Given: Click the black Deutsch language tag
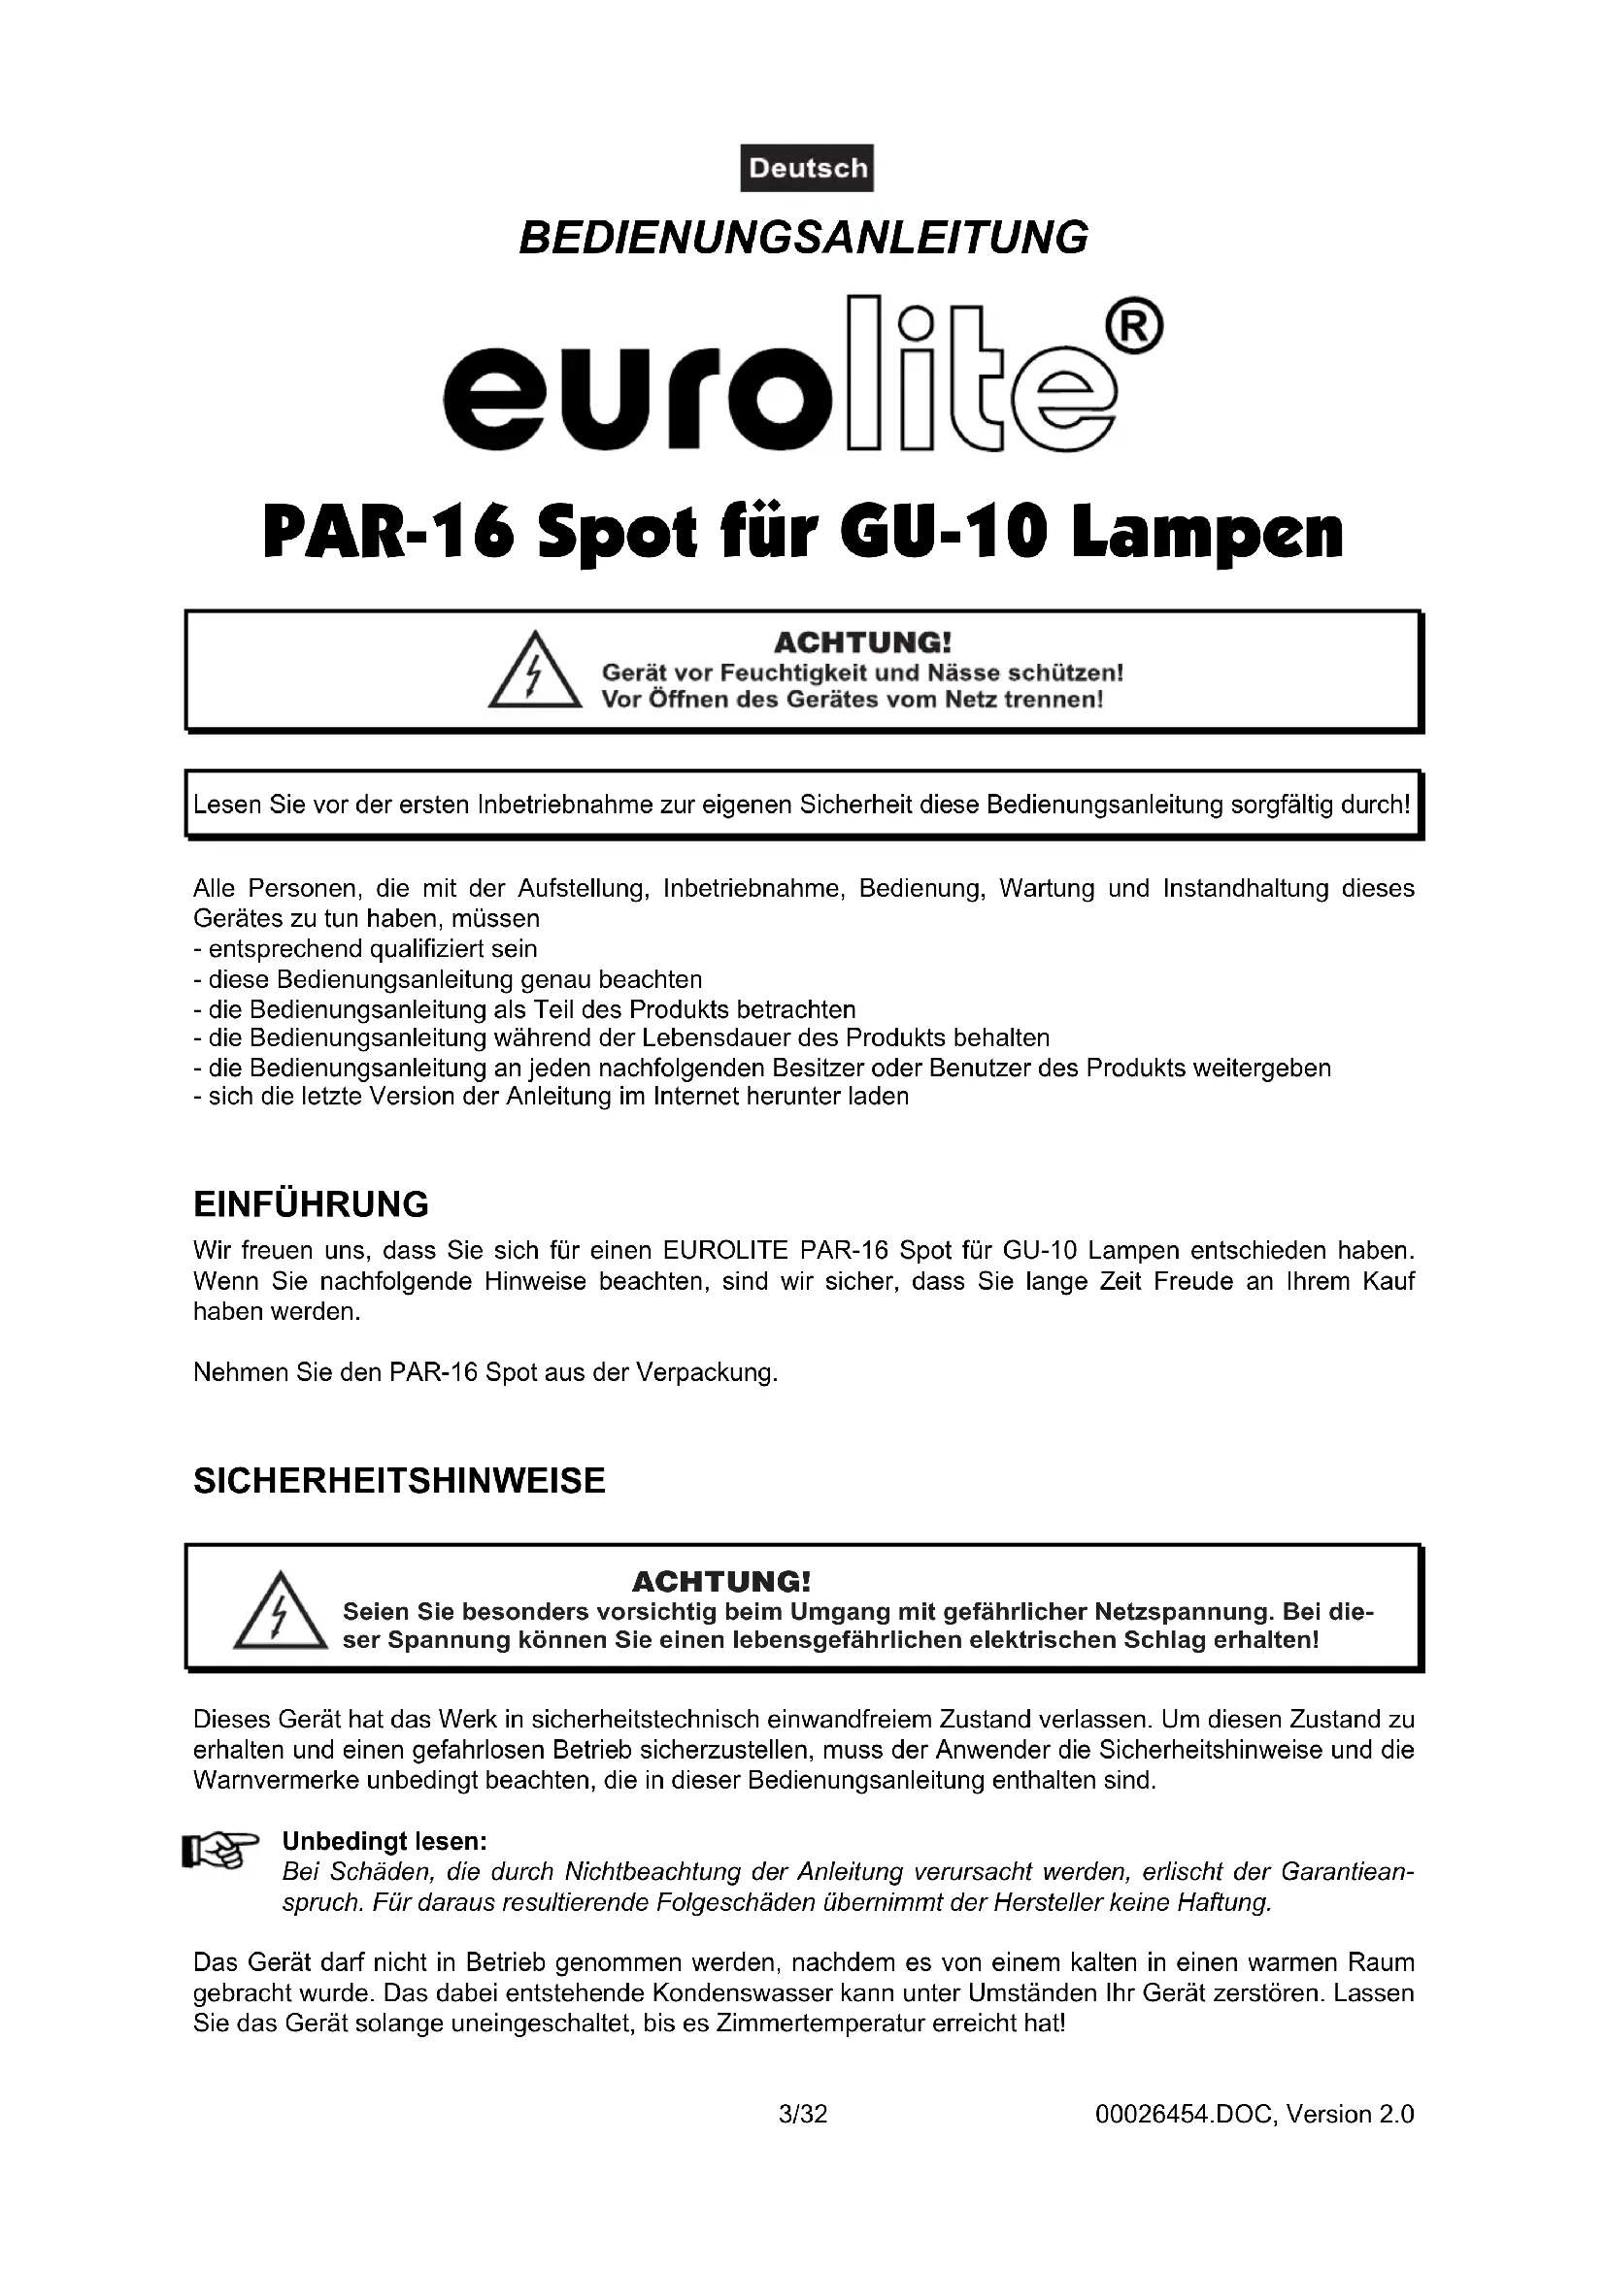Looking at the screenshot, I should pyautogui.click(x=807, y=168).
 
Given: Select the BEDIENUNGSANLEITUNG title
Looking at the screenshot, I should pyautogui.click(x=803, y=237).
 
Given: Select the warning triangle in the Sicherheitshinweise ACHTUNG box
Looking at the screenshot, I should pyautogui.click(x=280, y=1616).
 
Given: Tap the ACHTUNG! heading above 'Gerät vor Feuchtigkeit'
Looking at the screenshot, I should pyautogui.click(x=861, y=642).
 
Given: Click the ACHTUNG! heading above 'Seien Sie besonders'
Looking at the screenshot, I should pyautogui.click(x=720, y=1581).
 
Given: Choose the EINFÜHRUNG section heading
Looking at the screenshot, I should pyautogui.click(x=311, y=1204).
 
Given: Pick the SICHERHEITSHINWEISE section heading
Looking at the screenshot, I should pyautogui.click(x=398, y=1480).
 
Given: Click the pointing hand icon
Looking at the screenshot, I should pyautogui.click(x=219, y=1850).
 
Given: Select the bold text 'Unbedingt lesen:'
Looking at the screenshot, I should pyautogui.click(x=385, y=1841).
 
